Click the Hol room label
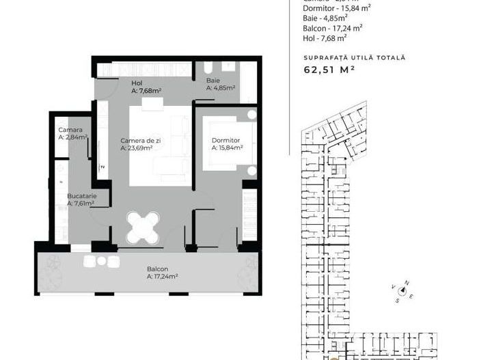pos(136,83)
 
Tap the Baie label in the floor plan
pos(212,81)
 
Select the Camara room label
pos(70,130)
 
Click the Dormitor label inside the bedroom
pos(224,141)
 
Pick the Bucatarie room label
pos(81,196)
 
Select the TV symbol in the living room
pos(102,167)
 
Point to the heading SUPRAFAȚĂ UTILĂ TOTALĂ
pos(354,57)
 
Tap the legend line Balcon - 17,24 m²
pos(332,29)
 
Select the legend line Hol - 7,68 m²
pos(324,40)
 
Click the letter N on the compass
pos(407,283)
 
